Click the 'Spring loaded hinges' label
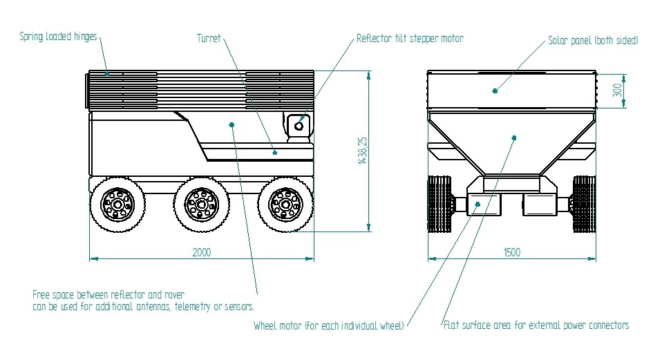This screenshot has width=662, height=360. [59, 37]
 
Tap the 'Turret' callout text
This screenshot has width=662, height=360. [208, 39]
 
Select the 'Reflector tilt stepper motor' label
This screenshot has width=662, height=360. [409, 39]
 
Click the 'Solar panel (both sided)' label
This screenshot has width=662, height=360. [593, 41]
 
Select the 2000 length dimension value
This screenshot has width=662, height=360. [202, 253]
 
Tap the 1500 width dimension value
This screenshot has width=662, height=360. [511, 253]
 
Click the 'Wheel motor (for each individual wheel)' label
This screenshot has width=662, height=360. [329, 325]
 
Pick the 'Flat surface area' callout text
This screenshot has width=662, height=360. [536, 325]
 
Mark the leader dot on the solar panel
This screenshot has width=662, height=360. [495, 90]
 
